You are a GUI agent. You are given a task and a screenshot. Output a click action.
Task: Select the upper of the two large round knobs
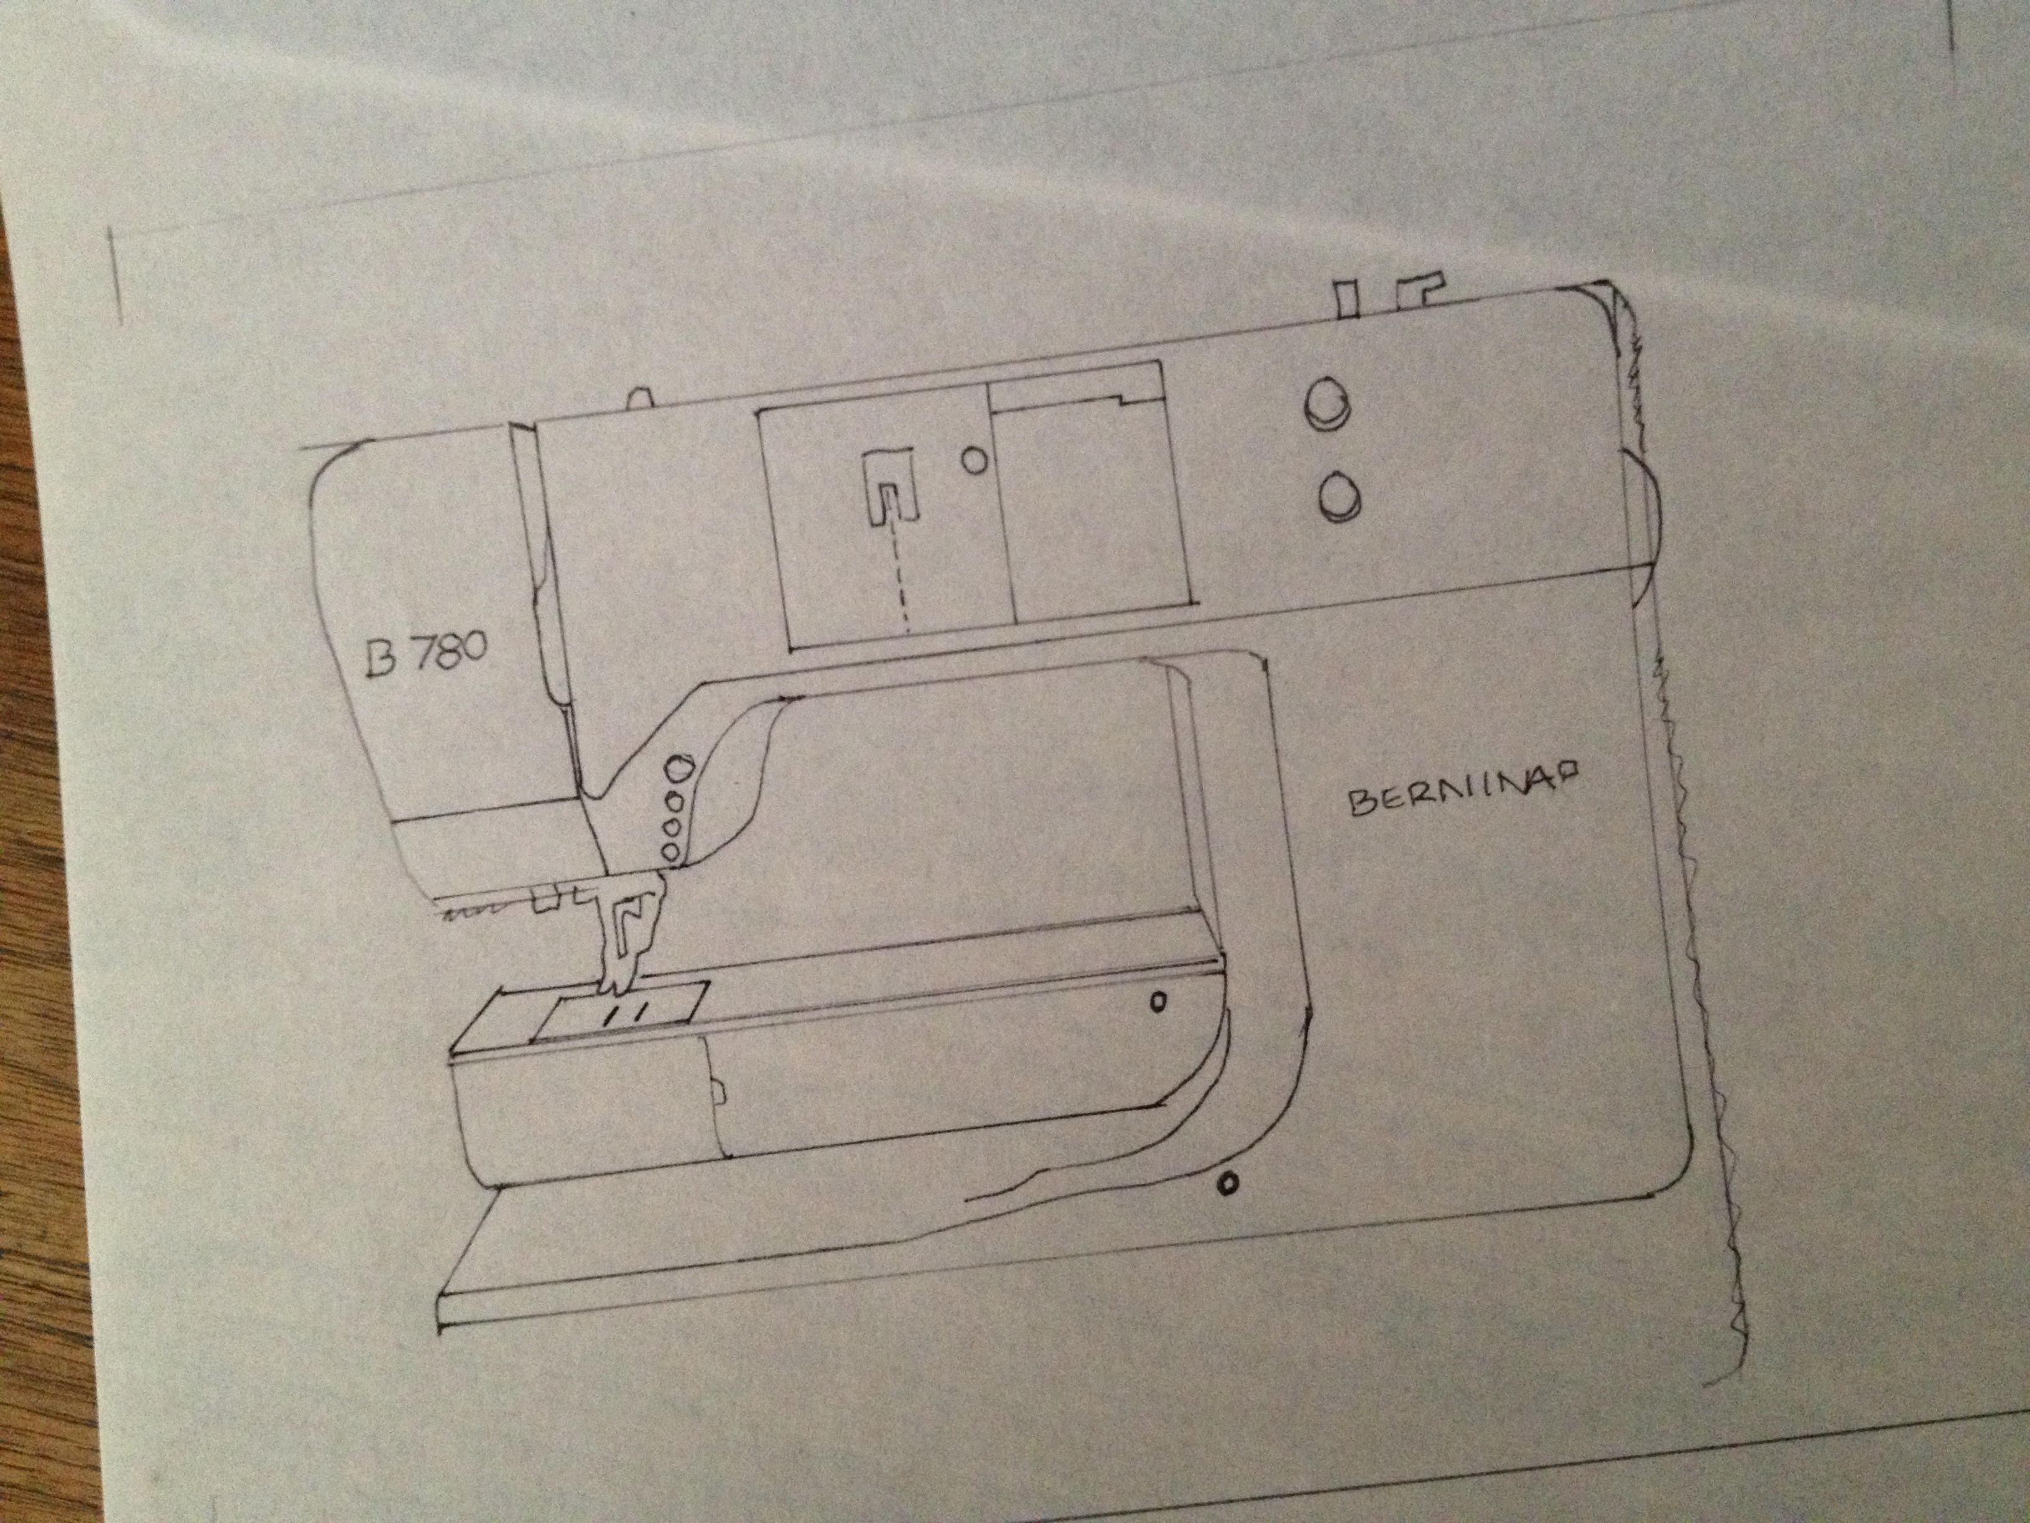click(x=1325, y=405)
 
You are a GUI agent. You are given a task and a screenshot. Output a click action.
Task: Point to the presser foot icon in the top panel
click(x=888, y=491)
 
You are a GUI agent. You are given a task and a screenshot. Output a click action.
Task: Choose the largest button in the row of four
click(x=680, y=768)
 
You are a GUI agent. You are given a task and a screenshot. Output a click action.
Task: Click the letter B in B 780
click(x=377, y=658)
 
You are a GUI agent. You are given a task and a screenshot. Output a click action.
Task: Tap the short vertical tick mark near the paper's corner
click(x=116, y=276)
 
